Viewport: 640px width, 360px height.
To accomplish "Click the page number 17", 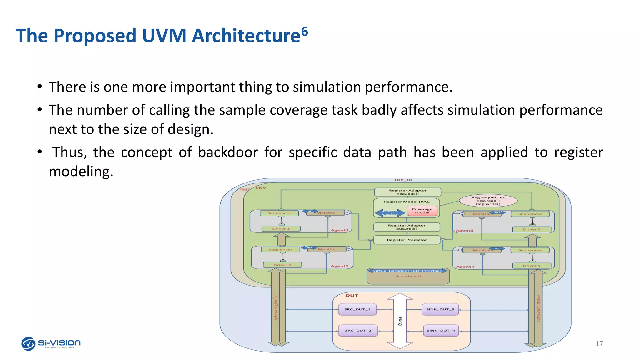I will pyautogui.click(x=599, y=344).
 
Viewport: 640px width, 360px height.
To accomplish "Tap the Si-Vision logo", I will pyautogui.click(x=51, y=344).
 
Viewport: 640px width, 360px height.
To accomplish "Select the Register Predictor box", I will pyautogui.click(x=407, y=240).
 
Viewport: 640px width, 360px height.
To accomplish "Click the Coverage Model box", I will pyautogui.click(x=422, y=211).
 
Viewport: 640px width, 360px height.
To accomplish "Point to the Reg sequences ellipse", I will pyautogui.click(x=488, y=201).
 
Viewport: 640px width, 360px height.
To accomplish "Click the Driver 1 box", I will pyautogui.click(x=281, y=229).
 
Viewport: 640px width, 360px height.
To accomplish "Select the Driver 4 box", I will pyautogui.click(x=531, y=266).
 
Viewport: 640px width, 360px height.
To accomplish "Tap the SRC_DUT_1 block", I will pyautogui.click(x=357, y=309).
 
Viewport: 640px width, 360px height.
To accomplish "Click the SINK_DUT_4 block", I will pyautogui.click(x=441, y=330).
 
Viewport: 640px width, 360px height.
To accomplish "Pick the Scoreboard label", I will pyautogui.click(x=408, y=276).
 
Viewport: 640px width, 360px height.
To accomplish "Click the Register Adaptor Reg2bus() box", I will pyautogui.click(x=407, y=192).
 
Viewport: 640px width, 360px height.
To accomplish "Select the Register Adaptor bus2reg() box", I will pyautogui.click(x=407, y=227).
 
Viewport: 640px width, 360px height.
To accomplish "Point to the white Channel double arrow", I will pyautogui.click(x=400, y=321).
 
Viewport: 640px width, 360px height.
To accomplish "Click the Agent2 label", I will pyautogui.click(x=339, y=266).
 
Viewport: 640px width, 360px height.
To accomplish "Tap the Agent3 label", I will pyautogui.click(x=464, y=231).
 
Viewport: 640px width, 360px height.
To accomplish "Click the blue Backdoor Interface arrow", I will pyautogui.click(x=390, y=213).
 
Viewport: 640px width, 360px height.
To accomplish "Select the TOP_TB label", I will pyautogui.click(x=403, y=180).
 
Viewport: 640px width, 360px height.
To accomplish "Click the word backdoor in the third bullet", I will pyautogui.click(x=228, y=152).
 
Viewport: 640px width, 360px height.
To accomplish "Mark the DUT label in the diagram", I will pyautogui.click(x=352, y=296).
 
